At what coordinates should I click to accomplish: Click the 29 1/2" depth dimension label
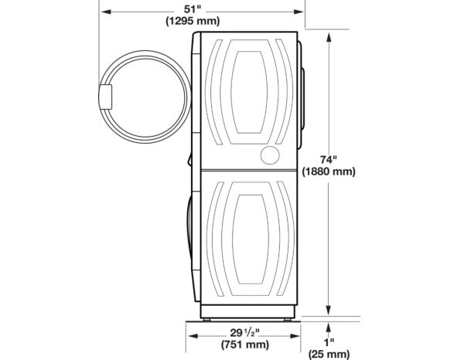[244, 331]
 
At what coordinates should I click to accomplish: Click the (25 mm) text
[331, 354]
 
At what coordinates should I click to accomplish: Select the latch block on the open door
[105, 97]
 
